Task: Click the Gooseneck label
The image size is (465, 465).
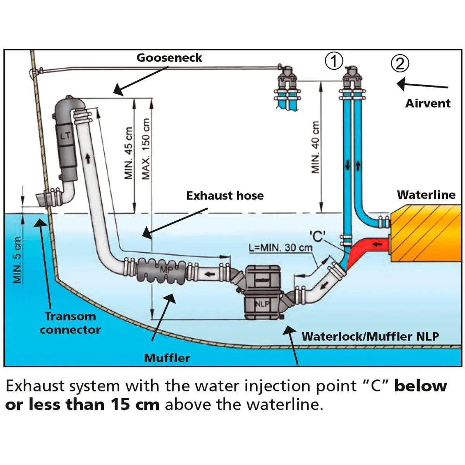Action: (x=169, y=58)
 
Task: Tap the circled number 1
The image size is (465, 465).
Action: (x=334, y=61)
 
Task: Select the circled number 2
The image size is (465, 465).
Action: (x=400, y=63)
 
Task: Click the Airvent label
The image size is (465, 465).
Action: (x=428, y=103)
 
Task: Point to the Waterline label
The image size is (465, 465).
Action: (x=426, y=195)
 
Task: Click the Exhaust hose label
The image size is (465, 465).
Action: (x=225, y=196)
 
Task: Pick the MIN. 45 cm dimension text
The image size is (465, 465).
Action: (x=129, y=153)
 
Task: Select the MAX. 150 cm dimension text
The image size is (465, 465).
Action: (x=146, y=149)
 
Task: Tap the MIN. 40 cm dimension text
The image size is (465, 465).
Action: (x=316, y=147)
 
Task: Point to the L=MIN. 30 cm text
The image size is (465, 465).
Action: (x=281, y=248)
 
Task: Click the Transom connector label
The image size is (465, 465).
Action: (x=70, y=323)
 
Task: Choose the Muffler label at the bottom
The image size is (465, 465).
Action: (x=167, y=358)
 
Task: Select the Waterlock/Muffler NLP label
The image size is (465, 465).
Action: (x=370, y=336)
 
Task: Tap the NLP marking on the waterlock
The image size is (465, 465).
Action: (x=262, y=304)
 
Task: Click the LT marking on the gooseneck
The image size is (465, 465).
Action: (x=65, y=136)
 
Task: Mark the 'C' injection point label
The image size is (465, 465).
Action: (x=317, y=236)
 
